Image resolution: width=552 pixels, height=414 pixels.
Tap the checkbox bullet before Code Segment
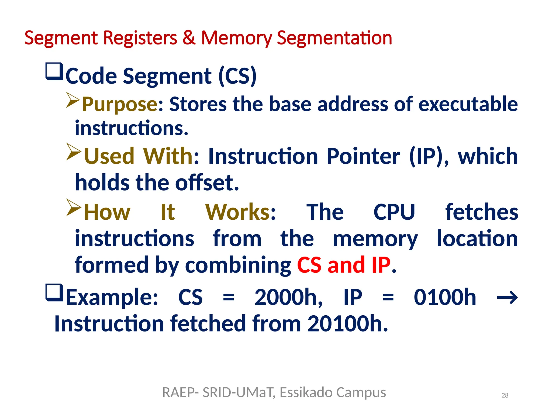coord(54,71)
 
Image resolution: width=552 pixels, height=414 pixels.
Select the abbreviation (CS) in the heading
coord(237,76)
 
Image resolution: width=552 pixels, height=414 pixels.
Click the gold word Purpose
coord(120,104)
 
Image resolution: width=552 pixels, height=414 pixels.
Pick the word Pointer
coord(363,156)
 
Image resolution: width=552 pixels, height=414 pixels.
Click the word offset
coord(207,182)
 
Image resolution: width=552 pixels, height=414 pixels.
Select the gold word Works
coord(237,212)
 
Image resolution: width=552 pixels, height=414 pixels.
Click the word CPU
coord(394,212)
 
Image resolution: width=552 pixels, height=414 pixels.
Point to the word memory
coord(375,239)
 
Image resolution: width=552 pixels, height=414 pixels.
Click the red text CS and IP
coord(344,265)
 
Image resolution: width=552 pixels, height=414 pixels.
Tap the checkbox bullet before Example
coord(54,293)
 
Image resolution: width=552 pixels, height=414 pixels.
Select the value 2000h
coord(288,297)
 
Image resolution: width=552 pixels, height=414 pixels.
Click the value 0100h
coord(445,297)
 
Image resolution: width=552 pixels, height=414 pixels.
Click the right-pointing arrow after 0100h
coord(507,298)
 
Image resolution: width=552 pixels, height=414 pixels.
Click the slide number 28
coord(505,395)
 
